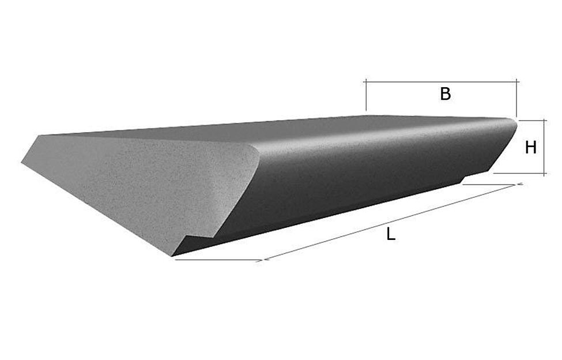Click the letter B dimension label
(446, 94)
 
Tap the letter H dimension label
(531, 147)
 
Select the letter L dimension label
(391, 234)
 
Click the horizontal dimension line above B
(441, 82)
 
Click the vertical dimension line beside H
(545, 147)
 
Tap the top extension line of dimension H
(533, 121)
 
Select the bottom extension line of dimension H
(520, 174)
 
